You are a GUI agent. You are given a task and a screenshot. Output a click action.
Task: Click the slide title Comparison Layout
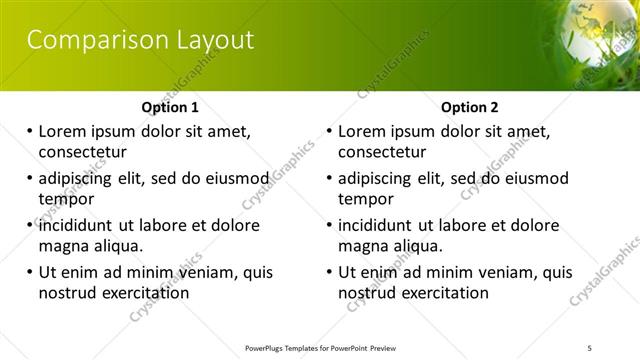tap(140, 40)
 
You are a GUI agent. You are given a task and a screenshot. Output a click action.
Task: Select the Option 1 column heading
tap(170, 107)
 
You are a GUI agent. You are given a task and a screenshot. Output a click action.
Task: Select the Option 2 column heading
tap(470, 107)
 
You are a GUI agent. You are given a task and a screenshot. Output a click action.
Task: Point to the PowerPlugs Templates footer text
tap(321, 347)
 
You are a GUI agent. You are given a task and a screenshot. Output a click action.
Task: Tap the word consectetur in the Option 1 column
tap(83, 153)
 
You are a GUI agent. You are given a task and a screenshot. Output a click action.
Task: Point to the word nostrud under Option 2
tap(368, 293)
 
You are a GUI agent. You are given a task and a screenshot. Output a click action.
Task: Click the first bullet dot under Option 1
tap(30, 132)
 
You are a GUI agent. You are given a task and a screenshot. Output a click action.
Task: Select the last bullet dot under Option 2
tap(330, 272)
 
